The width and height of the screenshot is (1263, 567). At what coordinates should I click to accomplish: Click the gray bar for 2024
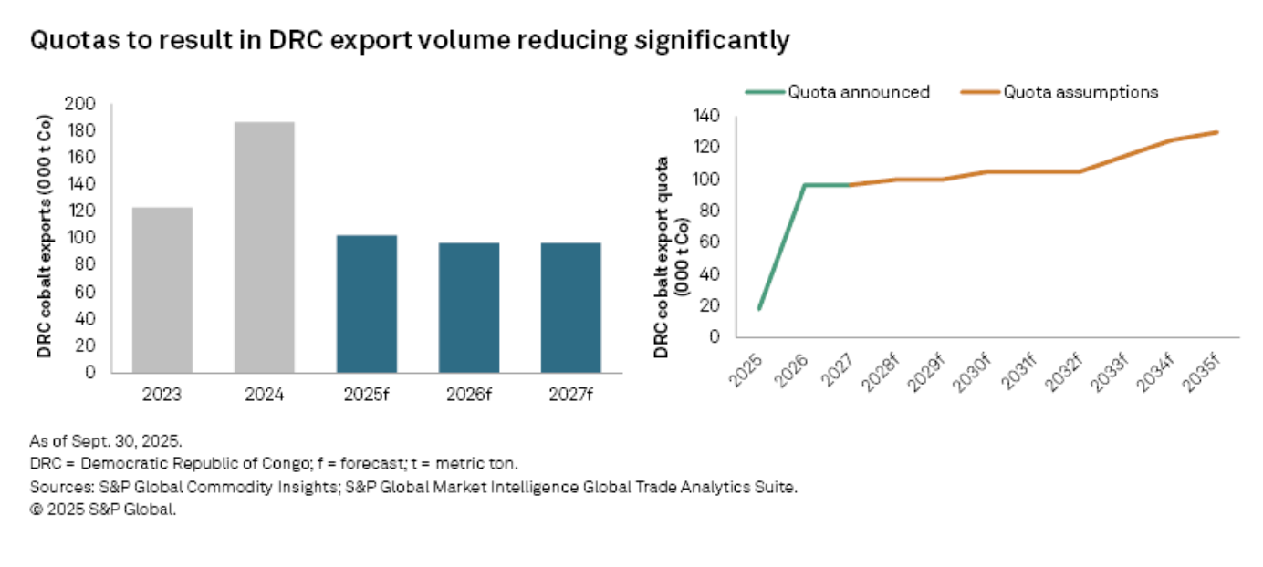(x=265, y=247)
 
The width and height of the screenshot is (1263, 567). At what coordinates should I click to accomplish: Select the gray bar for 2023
(x=162, y=290)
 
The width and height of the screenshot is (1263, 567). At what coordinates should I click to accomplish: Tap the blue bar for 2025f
(x=367, y=304)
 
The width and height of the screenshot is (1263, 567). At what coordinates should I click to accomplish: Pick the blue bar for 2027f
(x=571, y=307)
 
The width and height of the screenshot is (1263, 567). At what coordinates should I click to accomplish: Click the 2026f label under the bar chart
(x=469, y=395)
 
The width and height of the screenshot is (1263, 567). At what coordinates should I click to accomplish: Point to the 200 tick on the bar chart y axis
(x=85, y=104)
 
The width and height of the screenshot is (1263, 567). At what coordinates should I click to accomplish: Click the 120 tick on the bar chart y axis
(x=85, y=211)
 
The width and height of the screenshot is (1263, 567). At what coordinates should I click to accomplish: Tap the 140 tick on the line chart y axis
(x=708, y=116)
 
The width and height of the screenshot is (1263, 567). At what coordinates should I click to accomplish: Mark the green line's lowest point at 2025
(x=758, y=309)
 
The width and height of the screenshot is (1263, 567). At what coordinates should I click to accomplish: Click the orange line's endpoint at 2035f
(x=1217, y=132)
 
